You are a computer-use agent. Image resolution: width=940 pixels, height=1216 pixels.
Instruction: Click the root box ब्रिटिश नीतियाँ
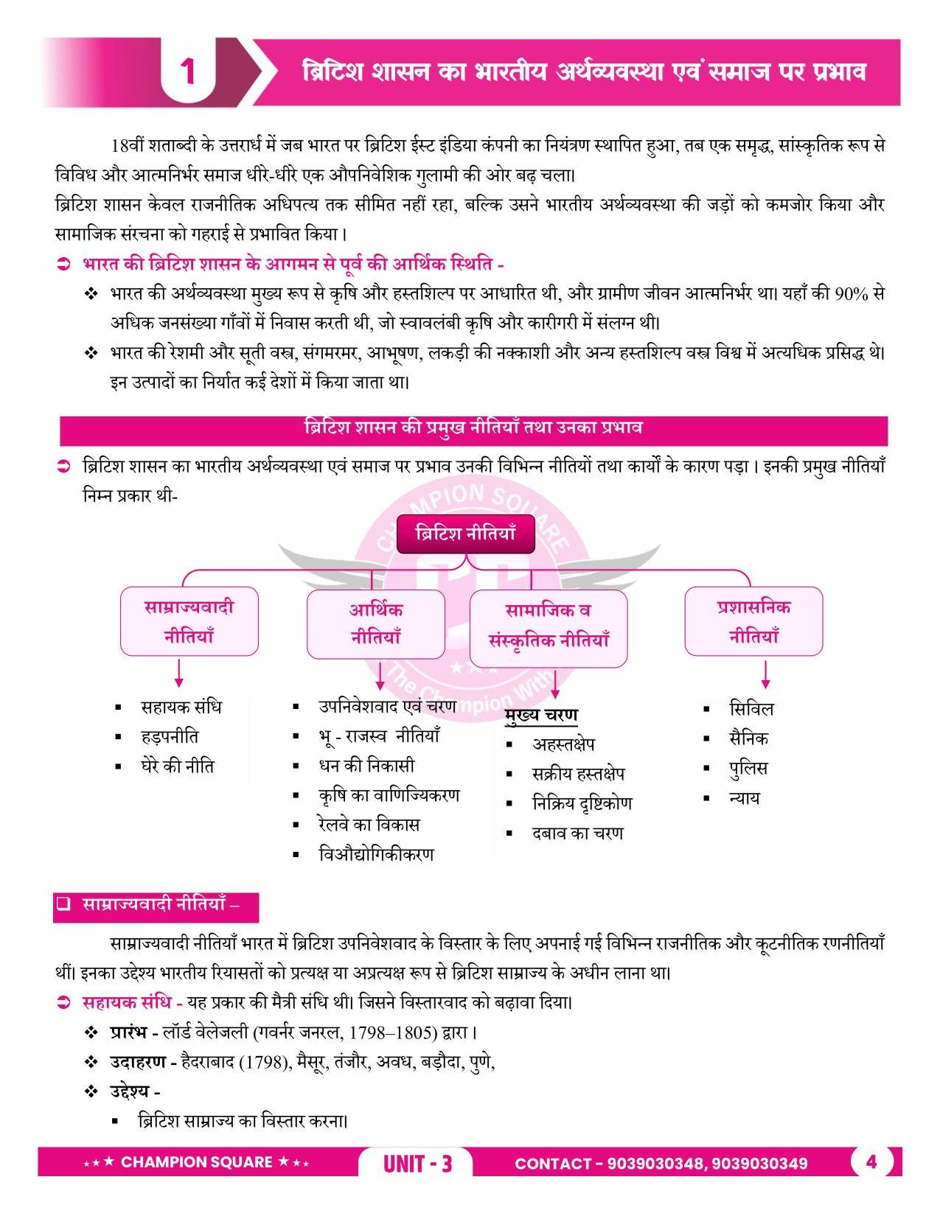(x=465, y=534)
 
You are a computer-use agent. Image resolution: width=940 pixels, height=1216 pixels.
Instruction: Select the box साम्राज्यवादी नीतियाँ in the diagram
(x=189, y=621)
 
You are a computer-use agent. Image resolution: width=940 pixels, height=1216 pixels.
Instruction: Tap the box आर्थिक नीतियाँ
(x=375, y=623)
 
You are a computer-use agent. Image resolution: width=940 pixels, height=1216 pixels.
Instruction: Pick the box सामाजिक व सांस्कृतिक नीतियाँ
(x=549, y=625)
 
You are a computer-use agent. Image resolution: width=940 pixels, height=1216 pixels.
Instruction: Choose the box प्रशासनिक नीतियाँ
(x=753, y=621)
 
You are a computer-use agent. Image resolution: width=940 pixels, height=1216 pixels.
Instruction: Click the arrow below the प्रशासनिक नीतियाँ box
(x=765, y=674)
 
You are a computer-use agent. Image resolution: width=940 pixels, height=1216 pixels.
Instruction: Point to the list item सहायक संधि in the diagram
(x=181, y=707)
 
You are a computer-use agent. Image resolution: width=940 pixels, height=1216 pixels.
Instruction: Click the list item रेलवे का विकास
(x=369, y=824)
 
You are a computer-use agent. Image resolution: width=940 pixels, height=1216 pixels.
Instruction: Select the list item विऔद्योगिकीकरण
(x=376, y=854)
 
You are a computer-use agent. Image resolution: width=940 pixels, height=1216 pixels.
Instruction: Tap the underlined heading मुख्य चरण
(x=542, y=715)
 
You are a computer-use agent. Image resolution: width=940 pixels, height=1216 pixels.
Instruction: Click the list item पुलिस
(x=748, y=768)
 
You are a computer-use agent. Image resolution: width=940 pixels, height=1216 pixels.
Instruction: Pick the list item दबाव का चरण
(x=577, y=834)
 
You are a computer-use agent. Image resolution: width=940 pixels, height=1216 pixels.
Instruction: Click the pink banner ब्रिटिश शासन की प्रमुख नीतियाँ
(x=473, y=429)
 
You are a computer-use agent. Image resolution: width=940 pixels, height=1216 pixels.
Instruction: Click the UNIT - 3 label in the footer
(x=417, y=1164)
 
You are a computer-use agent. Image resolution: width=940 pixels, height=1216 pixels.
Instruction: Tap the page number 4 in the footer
(x=871, y=1161)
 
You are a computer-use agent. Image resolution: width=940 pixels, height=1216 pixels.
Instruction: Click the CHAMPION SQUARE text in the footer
(x=196, y=1162)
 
